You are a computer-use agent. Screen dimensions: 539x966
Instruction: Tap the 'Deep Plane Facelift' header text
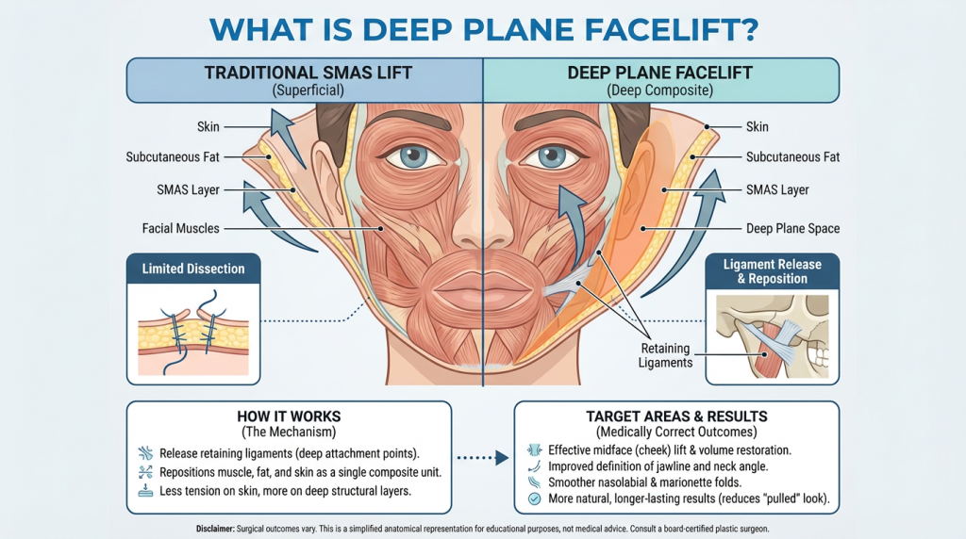(648, 72)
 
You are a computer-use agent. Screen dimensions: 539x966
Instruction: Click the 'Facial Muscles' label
(181, 228)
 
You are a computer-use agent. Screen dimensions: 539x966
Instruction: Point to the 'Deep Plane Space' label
(792, 228)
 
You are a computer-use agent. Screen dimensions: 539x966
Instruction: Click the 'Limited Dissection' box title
(193, 269)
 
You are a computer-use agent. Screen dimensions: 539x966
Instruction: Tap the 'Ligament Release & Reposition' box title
(772, 271)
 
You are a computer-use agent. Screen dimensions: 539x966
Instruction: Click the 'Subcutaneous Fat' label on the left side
(173, 157)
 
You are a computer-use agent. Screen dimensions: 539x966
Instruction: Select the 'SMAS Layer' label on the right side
(777, 189)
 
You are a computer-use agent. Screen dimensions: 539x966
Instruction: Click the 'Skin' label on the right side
(758, 125)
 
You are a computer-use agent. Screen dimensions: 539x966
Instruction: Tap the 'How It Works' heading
(290, 416)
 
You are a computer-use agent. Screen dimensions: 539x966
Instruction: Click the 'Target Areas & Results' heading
(675, 416)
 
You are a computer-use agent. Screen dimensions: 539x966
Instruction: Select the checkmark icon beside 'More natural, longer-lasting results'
(534, 498)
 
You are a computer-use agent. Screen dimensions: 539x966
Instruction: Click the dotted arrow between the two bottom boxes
(482, 458)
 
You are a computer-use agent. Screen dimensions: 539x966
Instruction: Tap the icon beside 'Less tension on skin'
(144, 491)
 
